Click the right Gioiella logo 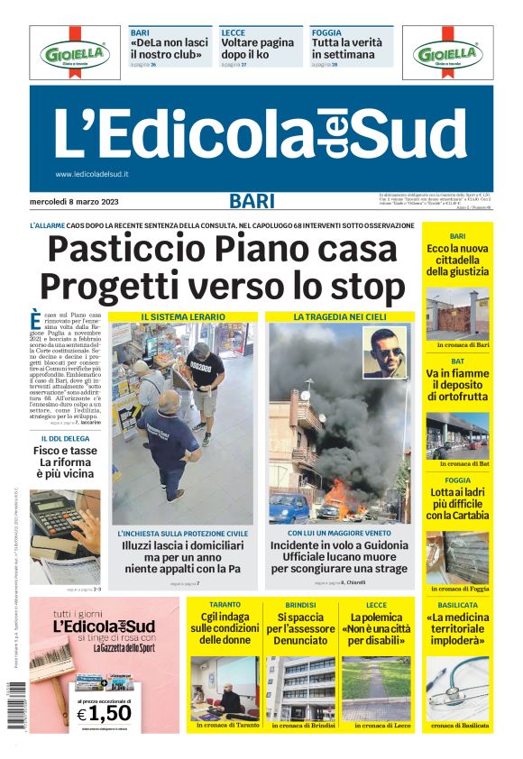448,53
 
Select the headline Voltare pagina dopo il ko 257,49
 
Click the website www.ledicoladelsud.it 92,174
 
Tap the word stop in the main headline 361,286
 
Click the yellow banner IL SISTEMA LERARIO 183,317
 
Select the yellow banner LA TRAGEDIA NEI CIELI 340,317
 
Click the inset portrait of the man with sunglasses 385,352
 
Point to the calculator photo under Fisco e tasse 65,524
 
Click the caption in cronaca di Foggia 457,589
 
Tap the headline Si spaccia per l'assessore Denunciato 300,627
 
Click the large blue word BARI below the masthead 252,200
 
